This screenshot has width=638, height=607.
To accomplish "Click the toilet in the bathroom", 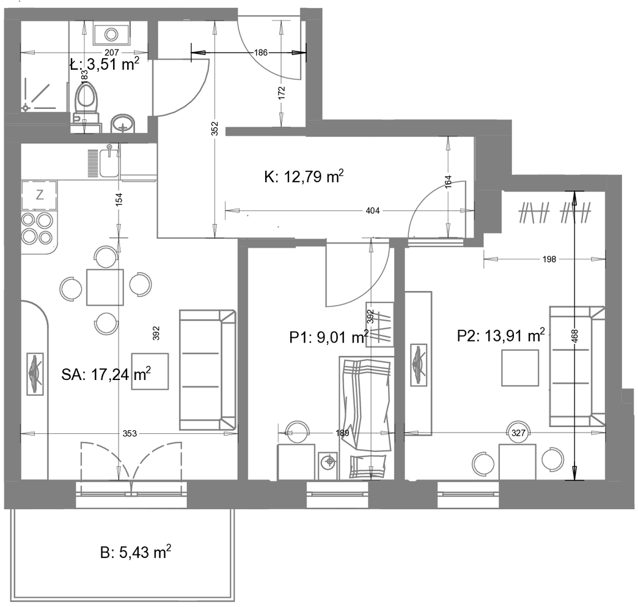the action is coord(86,102).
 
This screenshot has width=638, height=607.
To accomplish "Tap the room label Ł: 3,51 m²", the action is coord(105,64).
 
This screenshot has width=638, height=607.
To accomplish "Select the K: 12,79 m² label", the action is coord(304,177).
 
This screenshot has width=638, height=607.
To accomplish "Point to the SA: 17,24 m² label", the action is coord(106,374).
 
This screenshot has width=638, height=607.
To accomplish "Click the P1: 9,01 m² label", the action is coord(329,337).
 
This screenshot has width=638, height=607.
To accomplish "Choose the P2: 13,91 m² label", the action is coord(501,336).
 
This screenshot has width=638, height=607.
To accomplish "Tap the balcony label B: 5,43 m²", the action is coord(136,552).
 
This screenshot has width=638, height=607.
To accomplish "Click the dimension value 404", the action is coord(373,210).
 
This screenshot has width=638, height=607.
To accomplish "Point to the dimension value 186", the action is coord(261,53).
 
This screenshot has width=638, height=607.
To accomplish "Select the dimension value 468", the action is coord(574,336).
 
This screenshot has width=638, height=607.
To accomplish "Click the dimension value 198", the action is coord(549,259).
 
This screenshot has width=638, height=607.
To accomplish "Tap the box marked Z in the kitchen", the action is coord(39,195).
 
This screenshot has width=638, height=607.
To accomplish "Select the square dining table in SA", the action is coord(105,287).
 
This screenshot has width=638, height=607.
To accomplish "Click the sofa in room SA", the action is coord(208,370).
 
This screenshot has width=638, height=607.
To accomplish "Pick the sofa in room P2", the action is coord(577,367).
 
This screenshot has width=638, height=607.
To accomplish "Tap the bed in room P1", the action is coord(366,417).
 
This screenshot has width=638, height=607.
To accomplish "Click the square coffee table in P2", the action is coord(520,368).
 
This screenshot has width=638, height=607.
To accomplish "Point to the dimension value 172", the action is coord(281,93).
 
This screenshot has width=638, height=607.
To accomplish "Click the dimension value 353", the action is coord(130,433).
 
